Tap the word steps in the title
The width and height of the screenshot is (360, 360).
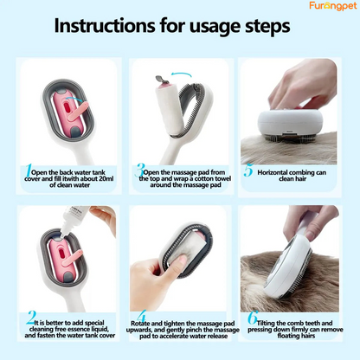265,25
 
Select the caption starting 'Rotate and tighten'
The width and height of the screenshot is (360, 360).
183,330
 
